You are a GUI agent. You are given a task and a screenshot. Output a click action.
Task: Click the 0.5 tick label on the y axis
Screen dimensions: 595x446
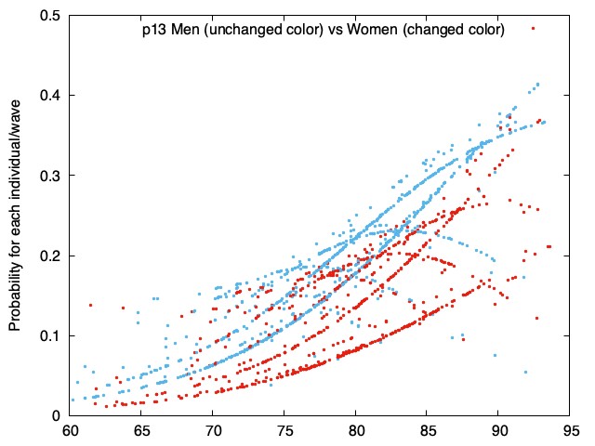49,16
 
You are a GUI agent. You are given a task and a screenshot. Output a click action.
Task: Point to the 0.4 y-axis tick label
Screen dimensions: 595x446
49,95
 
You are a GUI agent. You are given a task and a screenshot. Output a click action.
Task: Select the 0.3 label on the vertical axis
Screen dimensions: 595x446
49,176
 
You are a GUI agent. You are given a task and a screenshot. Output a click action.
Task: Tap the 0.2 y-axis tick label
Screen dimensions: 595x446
49,256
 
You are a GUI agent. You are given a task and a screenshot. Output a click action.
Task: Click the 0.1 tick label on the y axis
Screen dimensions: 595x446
49,335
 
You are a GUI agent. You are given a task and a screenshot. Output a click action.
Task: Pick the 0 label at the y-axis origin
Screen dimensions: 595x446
56,416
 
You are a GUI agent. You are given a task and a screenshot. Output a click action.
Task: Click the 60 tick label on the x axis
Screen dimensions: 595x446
70,431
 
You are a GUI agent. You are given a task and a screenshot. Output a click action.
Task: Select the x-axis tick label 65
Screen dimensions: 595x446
140,431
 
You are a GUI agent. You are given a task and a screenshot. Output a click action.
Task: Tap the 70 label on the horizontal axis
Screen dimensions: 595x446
213,431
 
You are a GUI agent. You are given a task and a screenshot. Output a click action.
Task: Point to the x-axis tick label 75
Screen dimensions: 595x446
284,431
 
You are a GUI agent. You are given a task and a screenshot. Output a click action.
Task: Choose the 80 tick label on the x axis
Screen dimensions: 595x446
355,431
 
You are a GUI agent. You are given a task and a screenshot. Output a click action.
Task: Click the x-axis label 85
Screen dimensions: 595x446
427,431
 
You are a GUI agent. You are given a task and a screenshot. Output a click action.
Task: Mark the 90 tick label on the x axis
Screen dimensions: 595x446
498,431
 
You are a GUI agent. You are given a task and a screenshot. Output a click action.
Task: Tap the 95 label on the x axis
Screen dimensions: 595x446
570,431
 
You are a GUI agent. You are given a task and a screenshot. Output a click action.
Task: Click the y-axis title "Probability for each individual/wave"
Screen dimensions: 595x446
15,215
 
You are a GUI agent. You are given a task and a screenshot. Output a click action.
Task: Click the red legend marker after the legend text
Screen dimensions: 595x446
533,29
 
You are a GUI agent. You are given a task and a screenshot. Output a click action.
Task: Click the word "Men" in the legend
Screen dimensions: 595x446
185,29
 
